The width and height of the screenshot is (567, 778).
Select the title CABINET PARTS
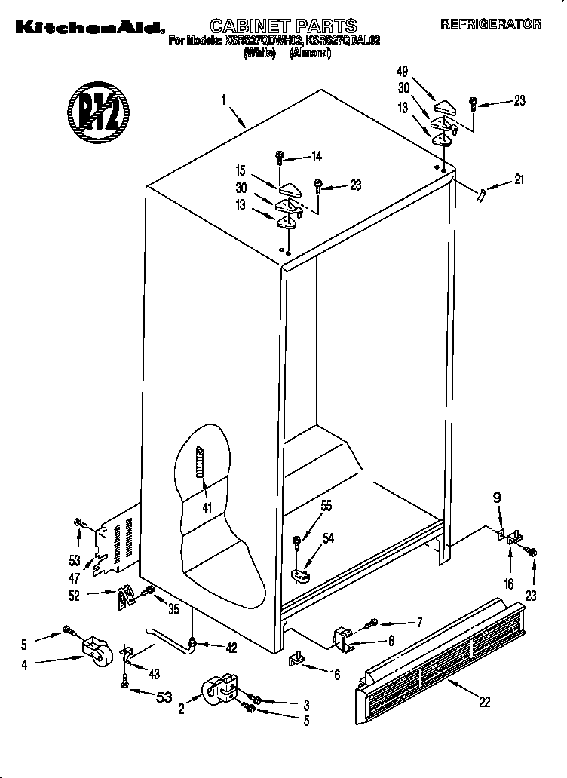coord(283,26)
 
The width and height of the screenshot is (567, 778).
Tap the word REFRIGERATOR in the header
coord(491,24)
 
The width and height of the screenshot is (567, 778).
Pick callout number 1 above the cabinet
coord(224,99)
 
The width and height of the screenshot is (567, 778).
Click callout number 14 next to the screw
coord(316,157)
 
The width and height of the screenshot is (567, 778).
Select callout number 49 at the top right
coord(402,72)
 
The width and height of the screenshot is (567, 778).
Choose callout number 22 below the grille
coord(484,702)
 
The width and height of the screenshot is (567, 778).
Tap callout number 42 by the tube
coord(230,646)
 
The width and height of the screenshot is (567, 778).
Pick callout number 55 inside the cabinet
coord(326,507)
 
